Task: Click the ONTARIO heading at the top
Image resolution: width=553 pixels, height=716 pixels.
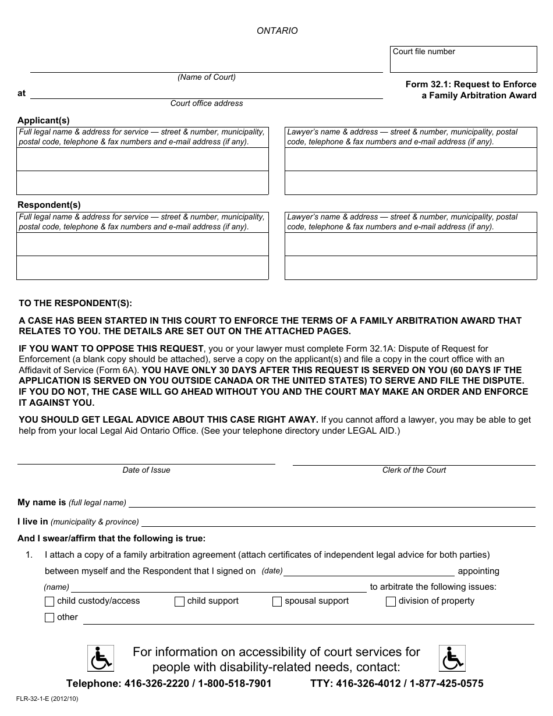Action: coord(277,31)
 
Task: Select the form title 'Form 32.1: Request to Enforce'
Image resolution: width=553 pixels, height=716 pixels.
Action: coord(471,84)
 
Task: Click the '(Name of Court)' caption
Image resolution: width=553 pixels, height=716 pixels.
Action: coord(207,77)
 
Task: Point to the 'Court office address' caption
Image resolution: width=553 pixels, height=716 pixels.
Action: coord(207,103)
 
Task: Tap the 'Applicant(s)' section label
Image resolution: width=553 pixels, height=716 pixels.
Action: coord(44,120)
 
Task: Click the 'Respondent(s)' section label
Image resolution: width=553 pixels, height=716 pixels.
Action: coord(49,205)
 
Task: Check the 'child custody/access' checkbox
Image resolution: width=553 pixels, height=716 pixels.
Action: coord(49,602)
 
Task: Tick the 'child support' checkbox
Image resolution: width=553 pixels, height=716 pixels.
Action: coord(180,602)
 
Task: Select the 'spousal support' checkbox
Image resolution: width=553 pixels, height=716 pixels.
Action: coord(277,602)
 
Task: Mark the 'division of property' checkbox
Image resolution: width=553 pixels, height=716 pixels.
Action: coord(391,602)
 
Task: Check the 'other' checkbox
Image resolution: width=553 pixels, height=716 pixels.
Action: coord(49,618)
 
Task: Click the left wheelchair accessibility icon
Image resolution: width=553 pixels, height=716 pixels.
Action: coord(100,658)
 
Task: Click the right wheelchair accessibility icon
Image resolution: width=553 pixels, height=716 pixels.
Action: coord(452,658)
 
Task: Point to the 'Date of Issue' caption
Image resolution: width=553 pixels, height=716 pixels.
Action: coord(146,470)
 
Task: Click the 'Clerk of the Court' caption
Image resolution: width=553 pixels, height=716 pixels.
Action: coord(414,470)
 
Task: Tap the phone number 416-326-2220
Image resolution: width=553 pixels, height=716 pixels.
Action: coord(150,684)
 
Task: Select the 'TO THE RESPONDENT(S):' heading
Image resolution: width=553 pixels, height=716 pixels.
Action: coord(76,303)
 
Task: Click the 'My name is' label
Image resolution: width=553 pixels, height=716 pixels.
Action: coord(42,502)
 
